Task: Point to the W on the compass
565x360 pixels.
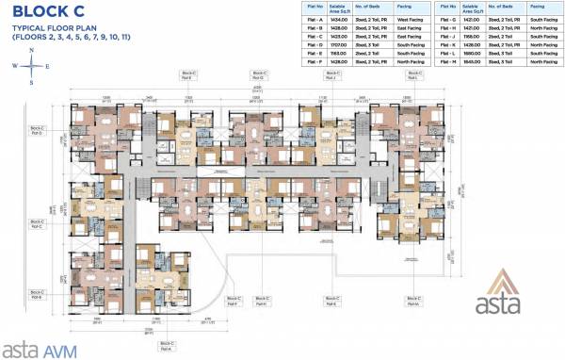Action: pyautogui.click(x=16, y=66)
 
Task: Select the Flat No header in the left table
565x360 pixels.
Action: pyautogui.click(x=305, y=8)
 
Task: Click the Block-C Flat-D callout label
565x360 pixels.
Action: pyautogui.click(x=38, y=128)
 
